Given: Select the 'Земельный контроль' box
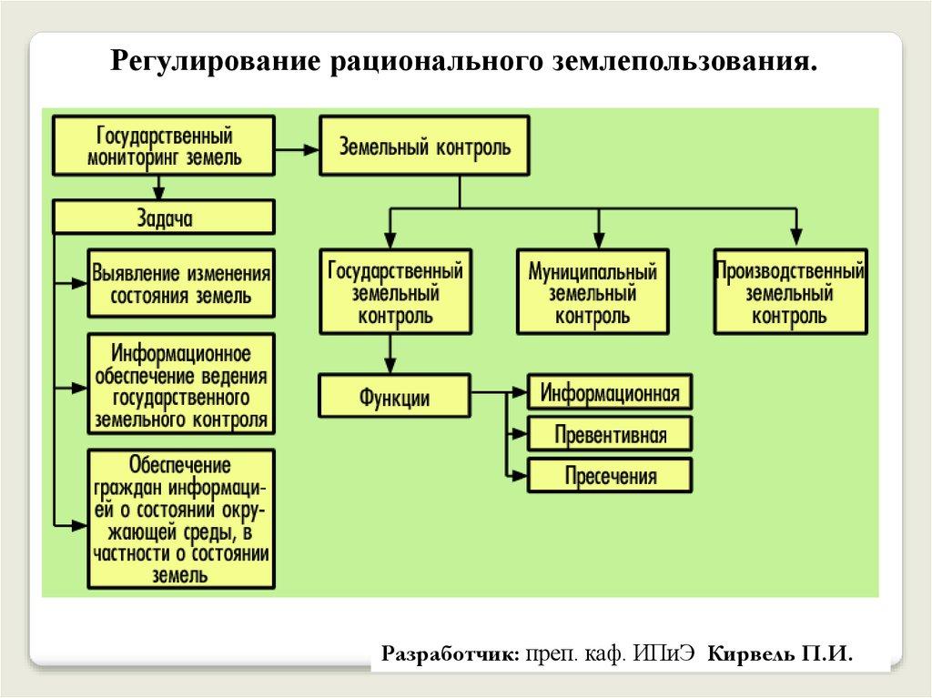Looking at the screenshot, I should click(424, 146).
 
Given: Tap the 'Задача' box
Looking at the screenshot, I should click(165, 218).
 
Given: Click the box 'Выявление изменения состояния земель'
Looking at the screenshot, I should click(181, 284).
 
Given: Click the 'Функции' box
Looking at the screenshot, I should click(394, 397).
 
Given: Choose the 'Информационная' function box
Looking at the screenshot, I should click(610, 393).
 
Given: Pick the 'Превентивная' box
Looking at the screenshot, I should click(610, 434).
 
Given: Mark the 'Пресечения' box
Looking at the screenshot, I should click(610, 475).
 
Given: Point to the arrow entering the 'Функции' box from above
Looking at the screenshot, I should click(390, 356).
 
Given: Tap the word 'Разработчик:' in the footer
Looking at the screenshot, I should click(451, 653).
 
